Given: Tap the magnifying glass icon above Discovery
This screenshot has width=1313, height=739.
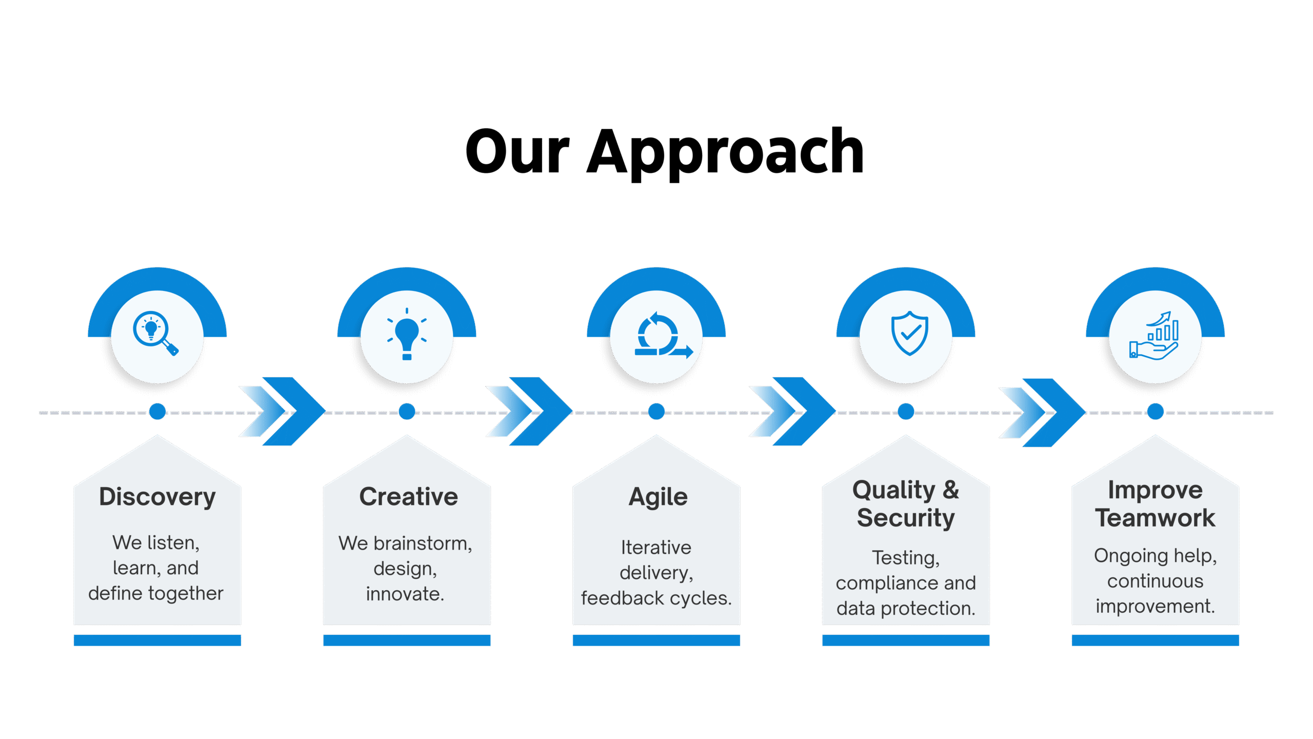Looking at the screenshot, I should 155,334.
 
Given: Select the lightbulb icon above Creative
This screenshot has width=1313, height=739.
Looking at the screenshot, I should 407,335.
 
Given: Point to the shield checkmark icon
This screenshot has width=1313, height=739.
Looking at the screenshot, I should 909,334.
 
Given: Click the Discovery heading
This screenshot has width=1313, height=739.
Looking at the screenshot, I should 157,497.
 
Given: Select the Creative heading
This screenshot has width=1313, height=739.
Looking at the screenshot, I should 408,497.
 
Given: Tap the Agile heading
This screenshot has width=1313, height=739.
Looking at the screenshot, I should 658,497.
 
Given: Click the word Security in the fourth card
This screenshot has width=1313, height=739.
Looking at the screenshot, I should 906,518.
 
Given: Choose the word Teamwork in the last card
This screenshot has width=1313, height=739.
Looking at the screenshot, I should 1155,518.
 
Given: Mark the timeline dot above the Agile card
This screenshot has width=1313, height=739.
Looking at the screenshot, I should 656,412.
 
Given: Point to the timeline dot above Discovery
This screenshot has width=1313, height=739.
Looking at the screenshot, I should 157,412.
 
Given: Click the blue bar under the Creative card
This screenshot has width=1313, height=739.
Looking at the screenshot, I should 407,640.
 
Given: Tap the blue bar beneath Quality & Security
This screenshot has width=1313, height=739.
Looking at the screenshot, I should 906,640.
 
